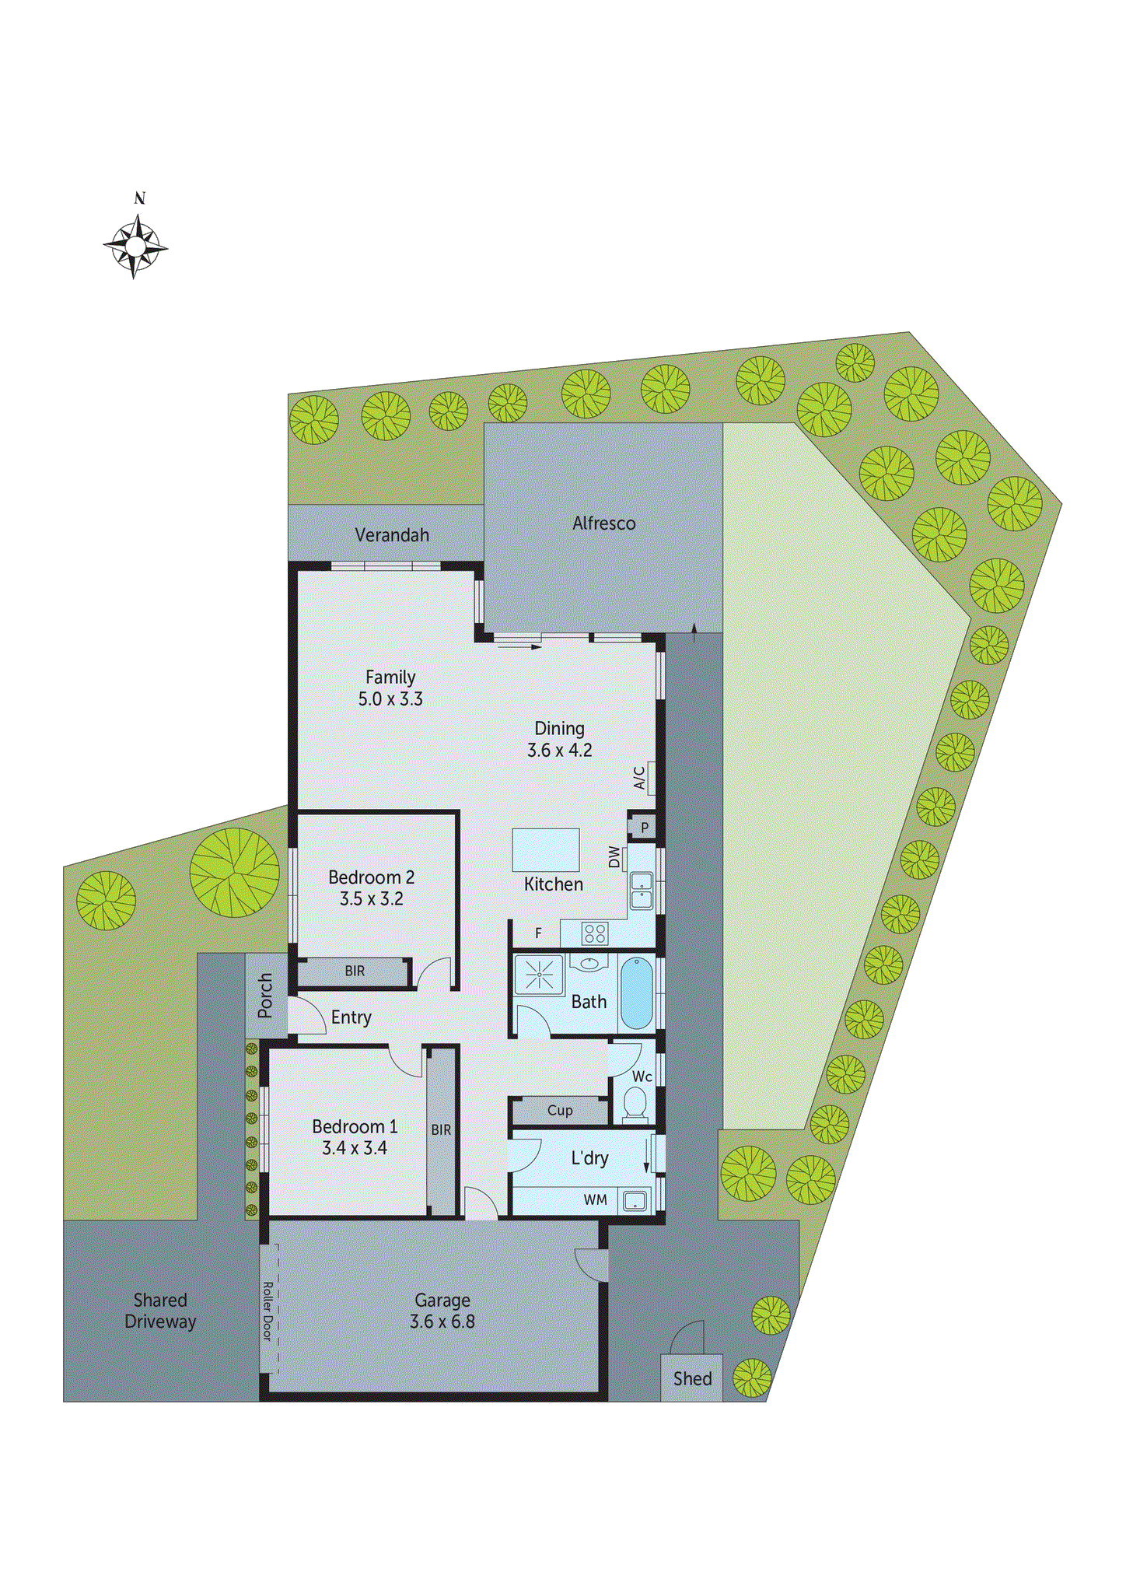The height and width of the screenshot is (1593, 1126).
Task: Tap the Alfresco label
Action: (603, 523)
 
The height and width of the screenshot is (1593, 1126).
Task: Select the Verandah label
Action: (392, 535)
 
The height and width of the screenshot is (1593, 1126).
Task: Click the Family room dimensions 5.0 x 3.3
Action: (390, 699)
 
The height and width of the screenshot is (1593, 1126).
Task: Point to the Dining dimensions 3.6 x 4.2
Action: (560, 751)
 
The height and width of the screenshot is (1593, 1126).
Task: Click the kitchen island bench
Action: (546, 849)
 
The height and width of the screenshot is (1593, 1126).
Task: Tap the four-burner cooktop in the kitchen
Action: (595, 933)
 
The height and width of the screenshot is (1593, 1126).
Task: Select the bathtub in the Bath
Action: (637, 993)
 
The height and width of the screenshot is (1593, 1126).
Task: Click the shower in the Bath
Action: (539, 975)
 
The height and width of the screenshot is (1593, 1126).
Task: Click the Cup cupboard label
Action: (560, 1111)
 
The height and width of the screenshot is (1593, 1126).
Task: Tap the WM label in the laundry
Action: (596, 1200)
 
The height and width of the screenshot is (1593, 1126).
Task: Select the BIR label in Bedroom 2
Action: (355, 971)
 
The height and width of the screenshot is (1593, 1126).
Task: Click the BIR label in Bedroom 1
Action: (441, 1129)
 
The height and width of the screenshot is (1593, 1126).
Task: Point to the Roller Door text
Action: (268, 1311)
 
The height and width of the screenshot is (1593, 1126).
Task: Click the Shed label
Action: (692, 1379)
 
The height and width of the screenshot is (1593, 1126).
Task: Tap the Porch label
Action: (265, 995)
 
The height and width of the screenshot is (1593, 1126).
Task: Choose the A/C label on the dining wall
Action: (639, 777)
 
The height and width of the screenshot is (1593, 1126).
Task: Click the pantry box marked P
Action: (644, 828)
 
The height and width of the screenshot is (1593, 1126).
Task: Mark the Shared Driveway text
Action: (160, 1311)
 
